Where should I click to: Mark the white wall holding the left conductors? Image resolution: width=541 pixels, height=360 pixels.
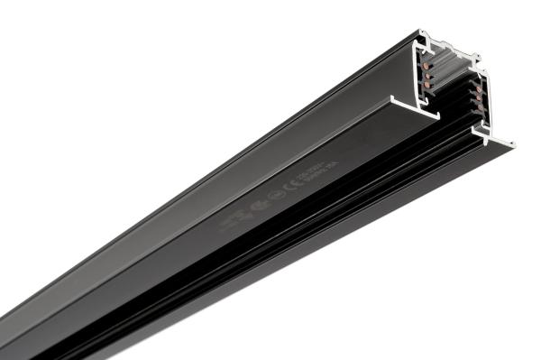[x=417, y=77]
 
